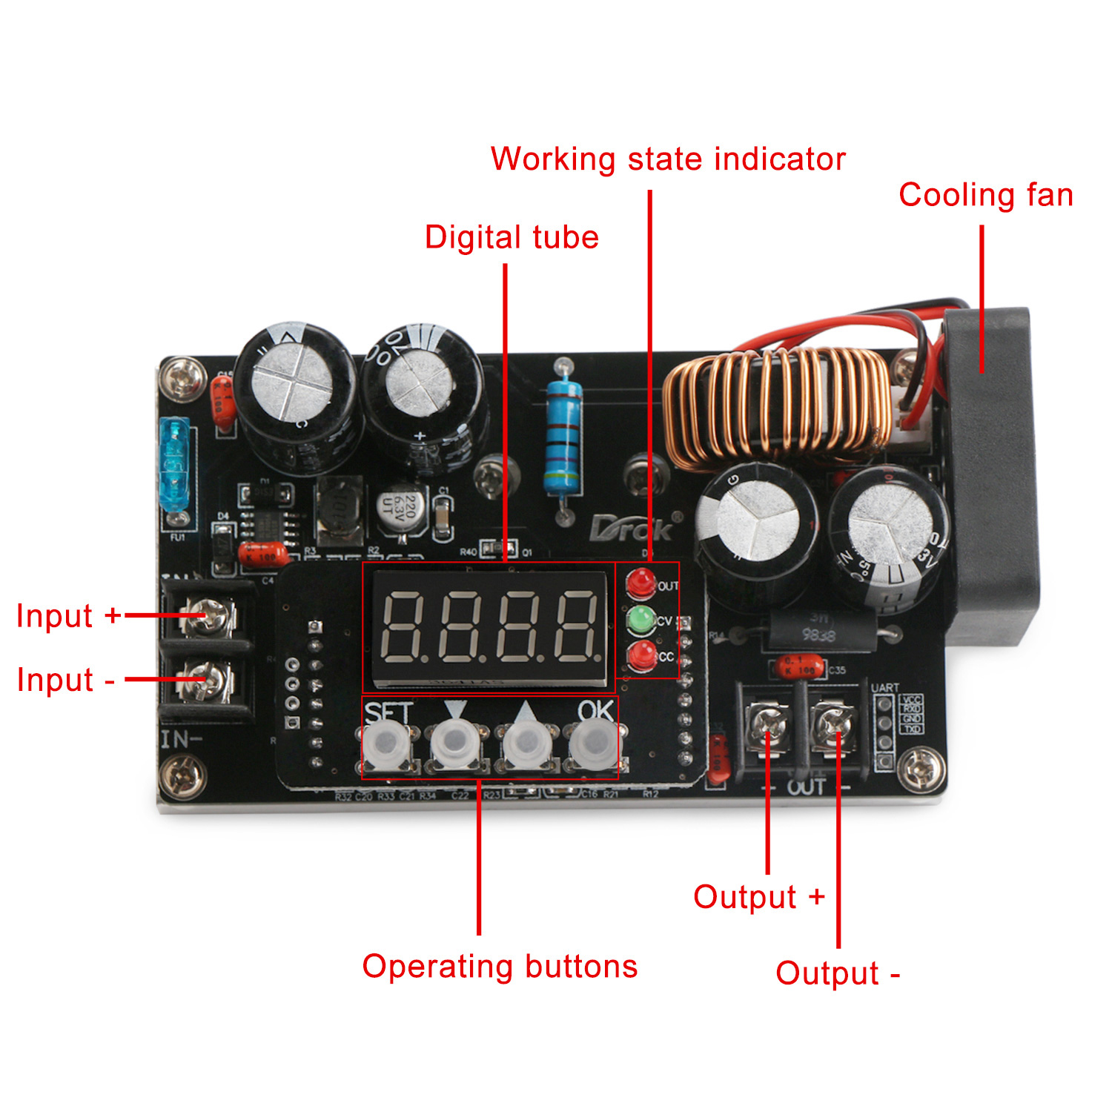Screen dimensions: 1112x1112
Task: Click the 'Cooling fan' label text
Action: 985,195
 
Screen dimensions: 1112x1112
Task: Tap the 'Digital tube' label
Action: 512,237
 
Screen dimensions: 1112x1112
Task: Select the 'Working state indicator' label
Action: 668,159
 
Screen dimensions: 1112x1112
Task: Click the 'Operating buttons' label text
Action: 500,967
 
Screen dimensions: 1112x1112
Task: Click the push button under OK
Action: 593,744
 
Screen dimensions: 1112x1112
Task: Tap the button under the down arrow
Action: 454,744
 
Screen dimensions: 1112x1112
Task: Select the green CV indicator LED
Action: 641,620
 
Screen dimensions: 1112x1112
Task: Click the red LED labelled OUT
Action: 641,583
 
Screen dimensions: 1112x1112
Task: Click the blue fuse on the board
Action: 175,464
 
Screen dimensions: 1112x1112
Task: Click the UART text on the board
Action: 884,688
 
